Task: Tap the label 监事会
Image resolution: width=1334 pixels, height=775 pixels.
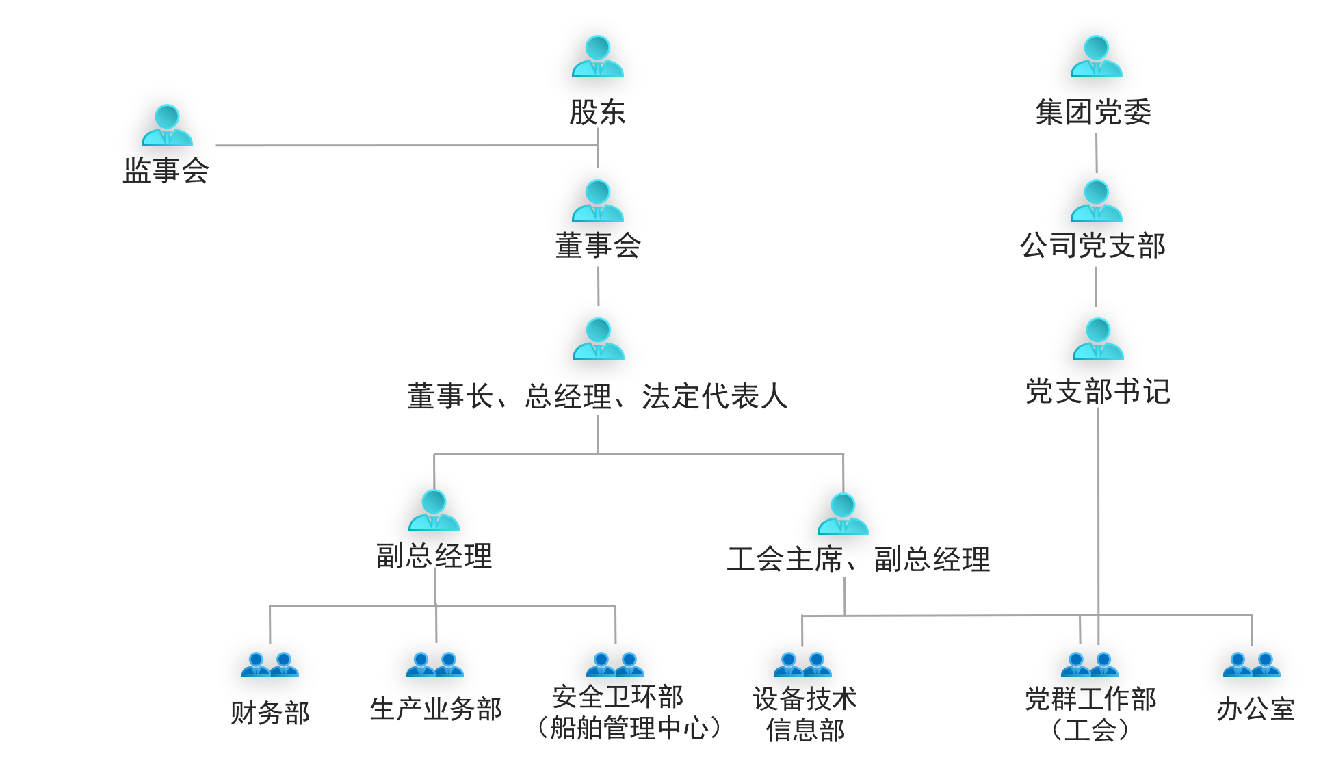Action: (x=166, y=170)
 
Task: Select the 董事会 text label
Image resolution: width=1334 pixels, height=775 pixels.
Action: (x=598, y=246)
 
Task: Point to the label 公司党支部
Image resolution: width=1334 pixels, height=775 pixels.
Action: (x=1093, y=246)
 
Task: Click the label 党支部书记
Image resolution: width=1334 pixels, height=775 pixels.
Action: (x=1097, y=391)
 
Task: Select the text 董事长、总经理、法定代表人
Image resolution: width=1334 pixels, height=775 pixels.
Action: (x=597, y=396)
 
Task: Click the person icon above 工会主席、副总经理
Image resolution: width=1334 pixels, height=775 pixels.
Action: (x=843, y=514)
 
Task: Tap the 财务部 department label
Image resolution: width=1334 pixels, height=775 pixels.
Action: (x=270, y=713)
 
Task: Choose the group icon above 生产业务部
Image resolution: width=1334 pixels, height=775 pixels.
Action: (x=435, y=664)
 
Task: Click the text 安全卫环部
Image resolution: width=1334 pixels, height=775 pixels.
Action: (x=618, y=696)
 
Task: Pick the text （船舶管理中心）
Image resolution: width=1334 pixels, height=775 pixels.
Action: (x=628, y=728)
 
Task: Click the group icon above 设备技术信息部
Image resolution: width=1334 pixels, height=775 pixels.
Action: (x=802, y=664)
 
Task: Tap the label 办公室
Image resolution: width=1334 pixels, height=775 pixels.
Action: (x=1255, y=709)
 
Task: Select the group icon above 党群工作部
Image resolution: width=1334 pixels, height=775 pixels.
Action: (x=1089, y=664)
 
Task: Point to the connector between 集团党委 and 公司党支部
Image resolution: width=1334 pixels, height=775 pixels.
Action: (x=1096, y=153)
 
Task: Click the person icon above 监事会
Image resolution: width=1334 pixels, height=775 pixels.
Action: (x=167, y=125)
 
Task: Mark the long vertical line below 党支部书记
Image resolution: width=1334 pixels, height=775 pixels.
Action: (x=1098, y=513)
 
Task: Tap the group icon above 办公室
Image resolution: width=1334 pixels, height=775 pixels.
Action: (x=1251, y=664)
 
